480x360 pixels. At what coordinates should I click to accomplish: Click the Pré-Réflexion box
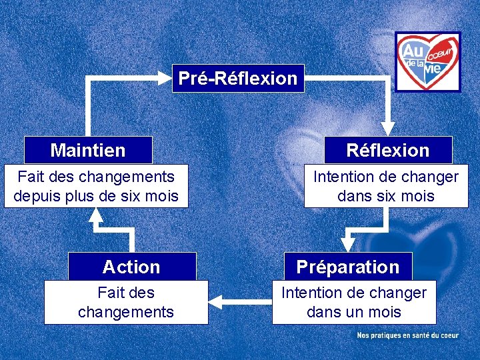pyautogui.click(x=238, y=78)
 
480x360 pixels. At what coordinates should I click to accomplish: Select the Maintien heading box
pyautogui.click(x=88, y=150)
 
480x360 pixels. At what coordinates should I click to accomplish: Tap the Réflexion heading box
pyautogui.click(x=388, y=150)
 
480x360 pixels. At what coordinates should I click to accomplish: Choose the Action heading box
pyautogui.click(x=132, y=267)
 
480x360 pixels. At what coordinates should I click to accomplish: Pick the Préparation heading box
pyautogui.click(x=348, y=267)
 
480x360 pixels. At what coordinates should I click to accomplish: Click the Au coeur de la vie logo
pyautogui.click(x=427, y=61)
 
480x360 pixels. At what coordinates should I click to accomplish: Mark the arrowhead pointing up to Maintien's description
pyautogui.click(x=96, y=215)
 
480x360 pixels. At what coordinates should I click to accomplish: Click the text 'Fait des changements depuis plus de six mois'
pyautogui.click(x=96, y=186)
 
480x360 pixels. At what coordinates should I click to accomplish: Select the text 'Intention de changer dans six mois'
pyautogui.click(x=386, y=186)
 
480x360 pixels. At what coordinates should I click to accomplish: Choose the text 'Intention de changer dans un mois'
pyautogui.click(x=354, y=302)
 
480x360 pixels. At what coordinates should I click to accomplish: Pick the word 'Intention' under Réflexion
pyautogui.click(x=343, y=177)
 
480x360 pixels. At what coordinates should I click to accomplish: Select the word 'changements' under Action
pyautogui.click(x=126, y=311)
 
